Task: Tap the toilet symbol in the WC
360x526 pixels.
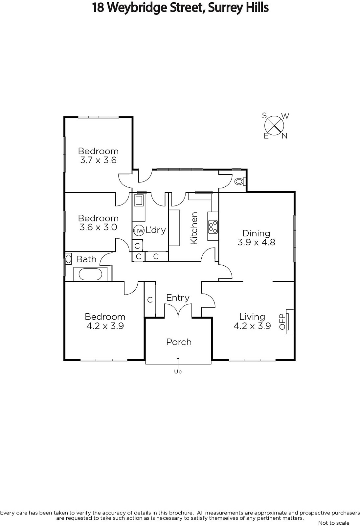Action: click(x=240, y=181)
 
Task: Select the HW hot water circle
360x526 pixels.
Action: click(x=139, y=230)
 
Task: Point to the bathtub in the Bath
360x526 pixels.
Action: click(x=90, y=274)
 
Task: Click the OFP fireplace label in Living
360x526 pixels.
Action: click(x=282, y=322)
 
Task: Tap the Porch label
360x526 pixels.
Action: click(x=179, y=342)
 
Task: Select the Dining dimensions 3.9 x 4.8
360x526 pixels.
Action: click(x=256, y=242)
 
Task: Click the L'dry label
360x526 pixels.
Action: click(x=156, y=230)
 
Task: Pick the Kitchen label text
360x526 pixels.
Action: click(x=194, y=228)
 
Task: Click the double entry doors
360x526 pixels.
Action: click(x=178, y=310)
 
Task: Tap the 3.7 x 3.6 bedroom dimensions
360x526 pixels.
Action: click(x=98, y=160)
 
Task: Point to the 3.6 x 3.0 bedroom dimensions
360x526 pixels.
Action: click(x=98, y=227)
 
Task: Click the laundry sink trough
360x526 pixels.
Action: click(x=139, y=201)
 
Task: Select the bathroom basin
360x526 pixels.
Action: click(x=68, y=259)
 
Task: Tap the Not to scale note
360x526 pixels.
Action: click(x=334, y=523)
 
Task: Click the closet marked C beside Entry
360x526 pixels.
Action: click(x=150, y=299)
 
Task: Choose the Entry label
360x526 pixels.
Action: click(x=178, y=298)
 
